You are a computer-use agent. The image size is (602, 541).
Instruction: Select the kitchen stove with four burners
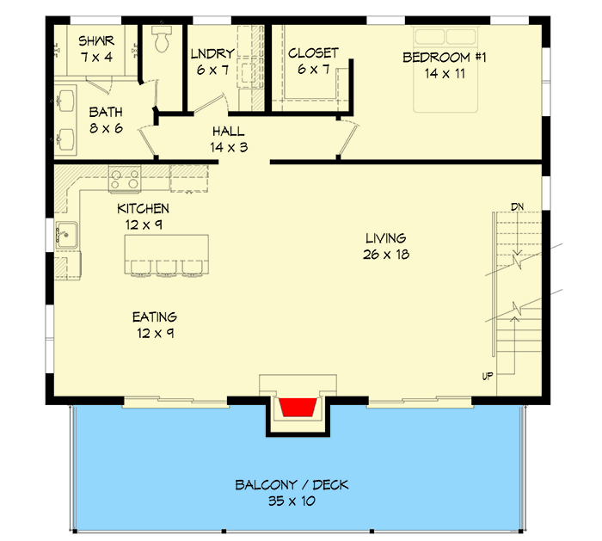(x=126, y=179)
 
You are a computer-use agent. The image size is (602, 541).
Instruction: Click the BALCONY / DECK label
(x=292, y=485)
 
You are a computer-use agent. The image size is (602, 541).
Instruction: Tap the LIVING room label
(x=385, y=238)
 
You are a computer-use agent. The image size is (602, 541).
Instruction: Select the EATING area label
(x=155, y=317)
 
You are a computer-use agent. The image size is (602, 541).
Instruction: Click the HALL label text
(x=228, y=132)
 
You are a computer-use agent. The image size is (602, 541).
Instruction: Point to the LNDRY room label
(x=212, y=54)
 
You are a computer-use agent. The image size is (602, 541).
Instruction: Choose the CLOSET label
(x=313, y=53)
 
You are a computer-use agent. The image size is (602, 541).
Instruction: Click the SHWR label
(x=96, y=41)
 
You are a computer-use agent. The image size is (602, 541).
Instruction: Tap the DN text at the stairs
(x=517, y=206)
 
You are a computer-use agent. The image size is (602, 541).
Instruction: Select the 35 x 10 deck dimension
(x=292, y=501)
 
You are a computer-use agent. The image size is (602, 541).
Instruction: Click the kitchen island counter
(x=167, y=249)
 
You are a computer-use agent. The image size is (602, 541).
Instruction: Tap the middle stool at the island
(x=165, y=270)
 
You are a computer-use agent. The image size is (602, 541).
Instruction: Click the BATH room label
(x=106, y=112)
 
